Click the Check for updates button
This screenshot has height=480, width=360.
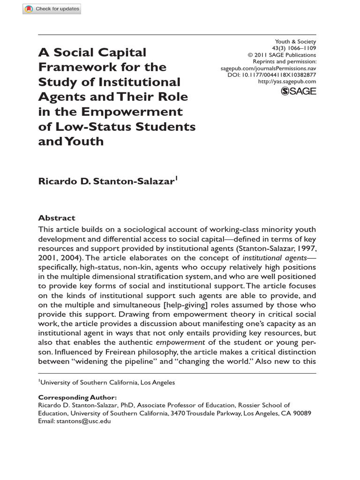pos(52,8)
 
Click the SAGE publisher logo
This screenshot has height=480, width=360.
pos(298,91)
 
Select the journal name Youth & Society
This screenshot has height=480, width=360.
pos(295,41)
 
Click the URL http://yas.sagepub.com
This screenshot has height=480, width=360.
pos(287,82)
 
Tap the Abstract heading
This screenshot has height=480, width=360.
pos(56,218)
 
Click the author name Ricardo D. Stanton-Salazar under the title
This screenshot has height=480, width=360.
pos(106,181)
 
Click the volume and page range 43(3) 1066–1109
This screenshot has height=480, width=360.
pos(294,48)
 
